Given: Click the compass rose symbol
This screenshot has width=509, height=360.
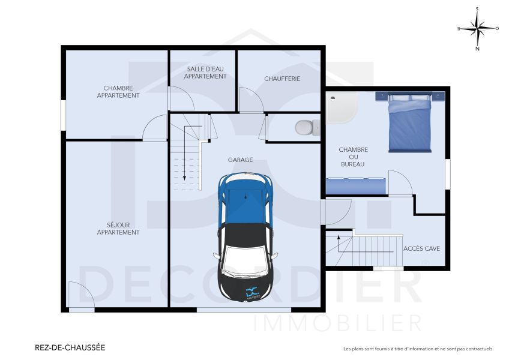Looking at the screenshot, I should (478, 28).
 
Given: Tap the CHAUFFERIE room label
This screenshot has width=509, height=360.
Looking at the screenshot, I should (282, 79).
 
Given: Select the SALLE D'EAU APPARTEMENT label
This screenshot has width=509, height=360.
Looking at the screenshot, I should (205, 73).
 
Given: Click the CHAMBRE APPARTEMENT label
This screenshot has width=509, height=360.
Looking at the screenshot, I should (118, 92).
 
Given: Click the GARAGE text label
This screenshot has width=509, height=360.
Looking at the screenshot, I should (240, 160).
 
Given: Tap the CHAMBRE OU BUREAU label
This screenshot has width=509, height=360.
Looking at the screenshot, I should (353, 157).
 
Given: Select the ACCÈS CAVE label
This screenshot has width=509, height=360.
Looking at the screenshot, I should (422, 248).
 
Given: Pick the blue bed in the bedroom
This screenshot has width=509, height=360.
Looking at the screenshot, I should (409, 124).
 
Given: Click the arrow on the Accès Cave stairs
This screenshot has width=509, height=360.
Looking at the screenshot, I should (339, 244).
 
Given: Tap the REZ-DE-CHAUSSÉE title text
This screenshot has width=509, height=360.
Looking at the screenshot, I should (70, 347).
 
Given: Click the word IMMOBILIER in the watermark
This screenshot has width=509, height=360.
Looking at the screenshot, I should (338, 323).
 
